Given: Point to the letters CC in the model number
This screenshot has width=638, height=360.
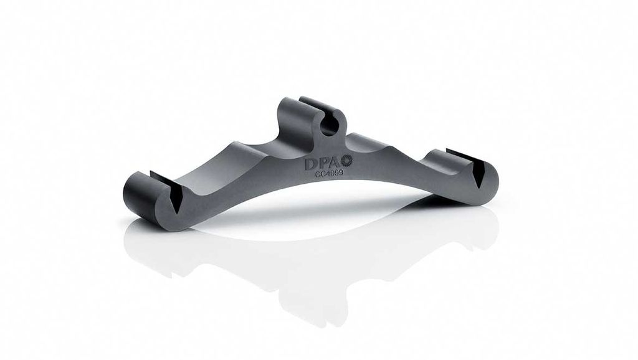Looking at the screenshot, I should [318, 176].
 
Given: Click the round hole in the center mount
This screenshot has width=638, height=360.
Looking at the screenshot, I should [330, 125].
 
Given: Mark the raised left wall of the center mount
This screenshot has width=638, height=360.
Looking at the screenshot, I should [288, 118].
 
